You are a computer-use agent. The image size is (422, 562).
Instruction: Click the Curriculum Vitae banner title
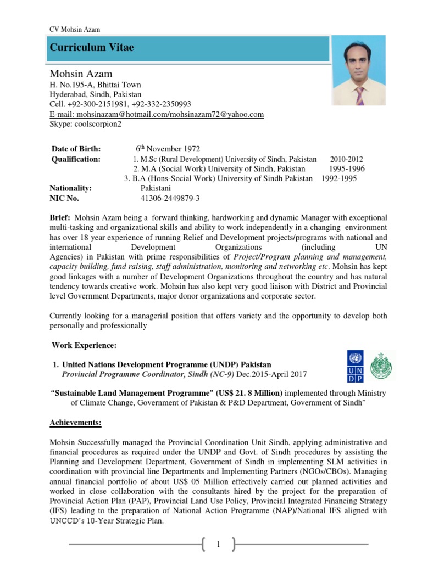[x=92, y=48]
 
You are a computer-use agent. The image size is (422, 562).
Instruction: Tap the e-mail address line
[x=157, y=114]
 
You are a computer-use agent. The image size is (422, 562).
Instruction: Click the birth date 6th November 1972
[x=168, y=149]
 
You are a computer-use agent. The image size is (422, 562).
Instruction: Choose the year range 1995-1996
[x=347, y=168]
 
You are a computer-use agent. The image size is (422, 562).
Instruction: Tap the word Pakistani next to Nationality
[x=158, y=188]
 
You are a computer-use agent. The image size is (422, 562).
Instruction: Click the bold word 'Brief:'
[x=60, y=218]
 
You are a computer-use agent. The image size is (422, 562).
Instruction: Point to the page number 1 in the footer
[x=218, y=544]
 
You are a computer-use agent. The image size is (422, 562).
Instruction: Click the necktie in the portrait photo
[x=359, y=94]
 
